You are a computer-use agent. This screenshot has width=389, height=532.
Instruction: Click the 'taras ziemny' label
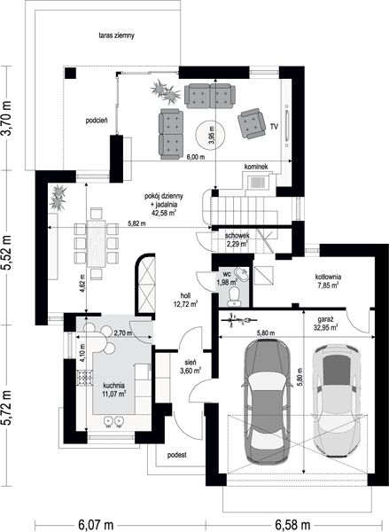click(x=117, y=35)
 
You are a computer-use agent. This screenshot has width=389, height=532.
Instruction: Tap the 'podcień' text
click(x=97, y=120)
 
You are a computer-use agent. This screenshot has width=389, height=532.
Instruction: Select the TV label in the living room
click(x=274, y=127)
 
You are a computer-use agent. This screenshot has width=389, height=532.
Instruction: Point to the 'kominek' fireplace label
click(x=256, y=167)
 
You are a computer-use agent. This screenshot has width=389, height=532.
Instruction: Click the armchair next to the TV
click(x=252, y=123)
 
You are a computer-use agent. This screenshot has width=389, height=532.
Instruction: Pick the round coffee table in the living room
click(x=210, y=136)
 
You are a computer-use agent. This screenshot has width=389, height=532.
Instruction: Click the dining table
click(x=97, y=243)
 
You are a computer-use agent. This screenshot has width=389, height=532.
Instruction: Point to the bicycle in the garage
click(x=238, y=319)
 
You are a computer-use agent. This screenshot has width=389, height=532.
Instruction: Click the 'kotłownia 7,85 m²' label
click(x=328, y=281)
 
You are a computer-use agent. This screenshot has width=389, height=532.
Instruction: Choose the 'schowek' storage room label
click(x=237, y=235)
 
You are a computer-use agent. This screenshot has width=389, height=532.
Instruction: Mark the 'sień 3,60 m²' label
click(x=191, y=367)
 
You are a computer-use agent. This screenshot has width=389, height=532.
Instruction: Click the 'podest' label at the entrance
click(x=177, y=455)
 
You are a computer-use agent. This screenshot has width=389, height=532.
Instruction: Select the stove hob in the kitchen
click(x=84, y=378)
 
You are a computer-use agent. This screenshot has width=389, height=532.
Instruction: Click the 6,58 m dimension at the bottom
click(x=292, y=525)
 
